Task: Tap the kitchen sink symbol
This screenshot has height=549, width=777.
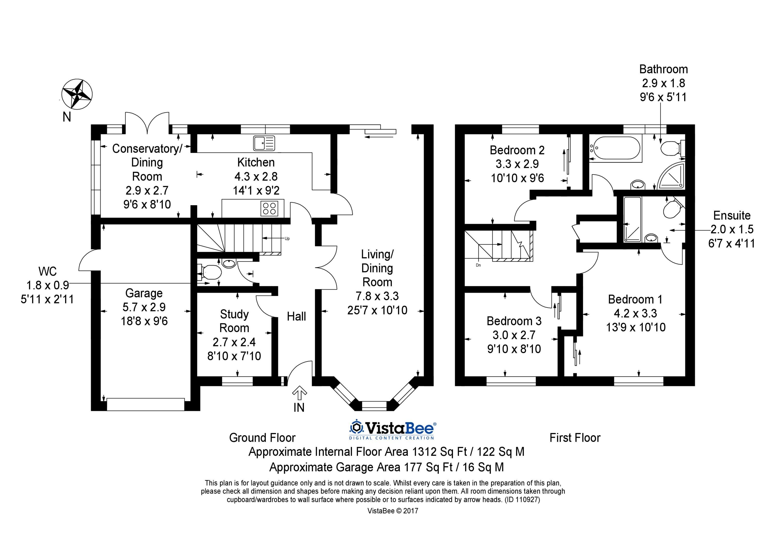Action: [264, 143]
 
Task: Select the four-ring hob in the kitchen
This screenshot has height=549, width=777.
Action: [269, 208]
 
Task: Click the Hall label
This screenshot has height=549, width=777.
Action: [297, 316]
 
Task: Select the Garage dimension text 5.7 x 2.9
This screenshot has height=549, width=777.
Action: [144, 307]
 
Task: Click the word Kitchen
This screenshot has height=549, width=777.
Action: [256, 162]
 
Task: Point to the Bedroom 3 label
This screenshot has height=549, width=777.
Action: [514, 321]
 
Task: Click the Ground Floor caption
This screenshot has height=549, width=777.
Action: [262, 438]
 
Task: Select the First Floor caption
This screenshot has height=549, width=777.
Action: [575, 438]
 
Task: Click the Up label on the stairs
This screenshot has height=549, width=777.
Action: [287, 238]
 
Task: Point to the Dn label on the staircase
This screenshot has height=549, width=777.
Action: [478, 265]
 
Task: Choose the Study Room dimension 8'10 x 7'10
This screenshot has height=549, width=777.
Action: [234, 356]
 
